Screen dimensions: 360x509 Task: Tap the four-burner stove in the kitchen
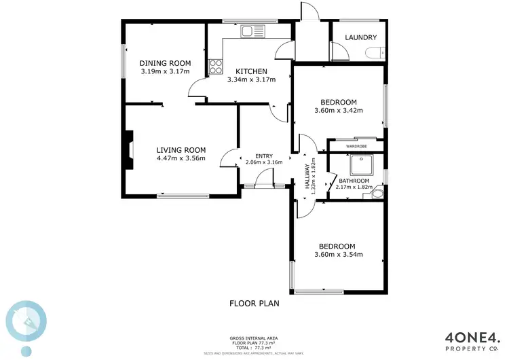click(216, 66)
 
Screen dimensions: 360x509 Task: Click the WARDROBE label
click(356, 145)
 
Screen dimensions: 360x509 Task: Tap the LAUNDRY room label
click(358, 37)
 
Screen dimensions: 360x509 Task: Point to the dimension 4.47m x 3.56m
click(181, 160)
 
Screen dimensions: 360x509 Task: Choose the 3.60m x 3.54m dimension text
click(339, 255)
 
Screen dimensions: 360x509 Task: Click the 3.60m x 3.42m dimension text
click(339, 111)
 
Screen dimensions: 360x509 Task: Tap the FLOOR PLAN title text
click(254, 304)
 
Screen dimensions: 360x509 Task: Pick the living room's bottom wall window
click(184, 196)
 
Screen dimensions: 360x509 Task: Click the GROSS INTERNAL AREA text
click(254, 338)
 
